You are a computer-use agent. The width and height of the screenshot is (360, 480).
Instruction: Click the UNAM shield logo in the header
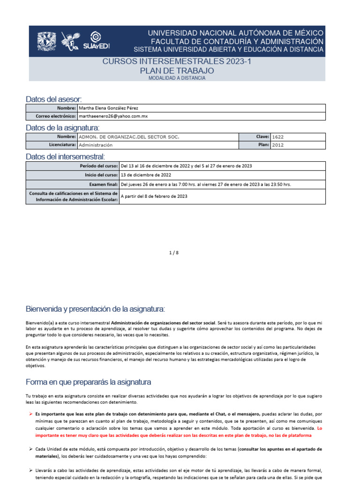46,41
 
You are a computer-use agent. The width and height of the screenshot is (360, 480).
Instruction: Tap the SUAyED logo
96,41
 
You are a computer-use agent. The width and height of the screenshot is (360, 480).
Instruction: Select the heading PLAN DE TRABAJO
177,71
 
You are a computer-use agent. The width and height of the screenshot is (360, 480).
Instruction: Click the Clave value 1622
277,137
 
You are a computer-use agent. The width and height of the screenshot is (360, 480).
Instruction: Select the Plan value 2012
277,145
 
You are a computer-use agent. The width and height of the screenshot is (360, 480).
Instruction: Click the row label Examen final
104,184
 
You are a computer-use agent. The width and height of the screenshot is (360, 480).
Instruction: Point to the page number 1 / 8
174,253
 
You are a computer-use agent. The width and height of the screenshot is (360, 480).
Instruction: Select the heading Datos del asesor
53,99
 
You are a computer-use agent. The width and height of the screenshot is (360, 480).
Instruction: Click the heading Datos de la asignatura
62,127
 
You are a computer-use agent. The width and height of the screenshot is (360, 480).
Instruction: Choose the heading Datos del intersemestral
65,156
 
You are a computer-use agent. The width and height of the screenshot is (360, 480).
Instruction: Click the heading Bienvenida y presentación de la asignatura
95,309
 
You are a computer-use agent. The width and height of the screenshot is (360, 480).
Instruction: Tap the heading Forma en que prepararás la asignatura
88,382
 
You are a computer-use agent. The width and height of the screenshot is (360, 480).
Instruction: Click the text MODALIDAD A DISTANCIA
177,78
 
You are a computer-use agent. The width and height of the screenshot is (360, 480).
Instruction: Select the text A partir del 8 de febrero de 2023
154,196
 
